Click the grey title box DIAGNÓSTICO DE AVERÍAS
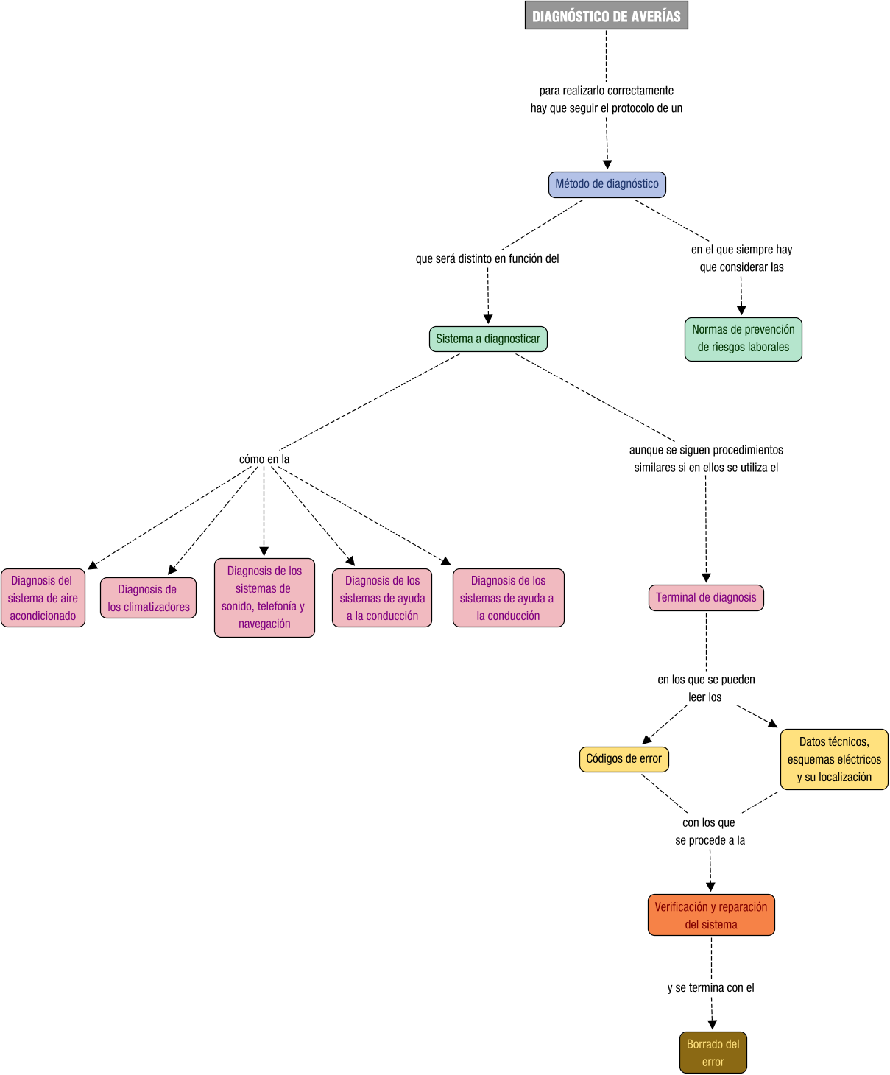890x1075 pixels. pos(606,15)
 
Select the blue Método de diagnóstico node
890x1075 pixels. pos(607,184)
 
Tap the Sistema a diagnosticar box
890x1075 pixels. pos(488,339)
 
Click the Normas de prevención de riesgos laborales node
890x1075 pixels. pos(743,339)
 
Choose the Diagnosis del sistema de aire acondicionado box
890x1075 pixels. pos(43,598)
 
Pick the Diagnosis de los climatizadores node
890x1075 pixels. pos(148,598)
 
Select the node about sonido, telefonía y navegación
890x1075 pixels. pos(264,597)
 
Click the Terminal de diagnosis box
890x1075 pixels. pos(706,597)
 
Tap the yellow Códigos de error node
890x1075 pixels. pos(624,759)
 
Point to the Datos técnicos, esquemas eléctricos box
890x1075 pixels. pos(834,759)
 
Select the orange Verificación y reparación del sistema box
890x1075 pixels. pos(711,915)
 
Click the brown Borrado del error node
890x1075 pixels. pos(713,1053)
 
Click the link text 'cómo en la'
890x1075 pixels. pos(264,459)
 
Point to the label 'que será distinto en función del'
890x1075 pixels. pos(487,259)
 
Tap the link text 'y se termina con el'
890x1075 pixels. pos(711,988)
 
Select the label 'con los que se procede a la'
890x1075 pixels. pos(710,831)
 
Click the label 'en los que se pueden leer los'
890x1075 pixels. pos(706,688)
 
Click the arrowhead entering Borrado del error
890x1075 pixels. pos(712,1025)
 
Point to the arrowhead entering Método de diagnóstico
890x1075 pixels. pos(607,165)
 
